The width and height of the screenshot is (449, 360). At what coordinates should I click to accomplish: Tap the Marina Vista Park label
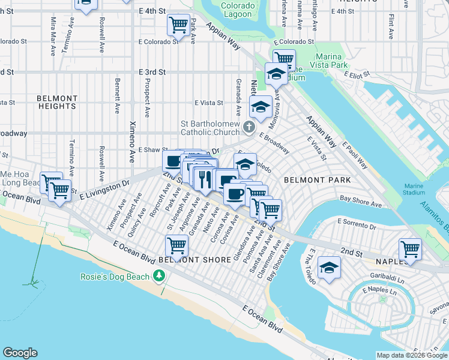[330, 61]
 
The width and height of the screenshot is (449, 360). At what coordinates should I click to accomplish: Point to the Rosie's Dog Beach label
[115, 277]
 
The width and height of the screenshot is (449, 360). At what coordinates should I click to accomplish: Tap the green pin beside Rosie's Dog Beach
[159, 276]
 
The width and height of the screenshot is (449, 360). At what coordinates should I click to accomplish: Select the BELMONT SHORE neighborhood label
[195, 260]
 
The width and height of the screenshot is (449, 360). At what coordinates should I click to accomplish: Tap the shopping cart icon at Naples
[410, 249]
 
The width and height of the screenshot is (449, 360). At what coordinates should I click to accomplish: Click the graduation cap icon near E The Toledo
[329, 267]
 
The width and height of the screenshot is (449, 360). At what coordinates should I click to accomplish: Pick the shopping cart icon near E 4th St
[178, 25]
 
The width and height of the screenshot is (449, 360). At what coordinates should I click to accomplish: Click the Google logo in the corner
[20, 352]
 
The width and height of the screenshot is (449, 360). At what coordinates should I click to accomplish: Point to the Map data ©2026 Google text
[411, 355]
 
